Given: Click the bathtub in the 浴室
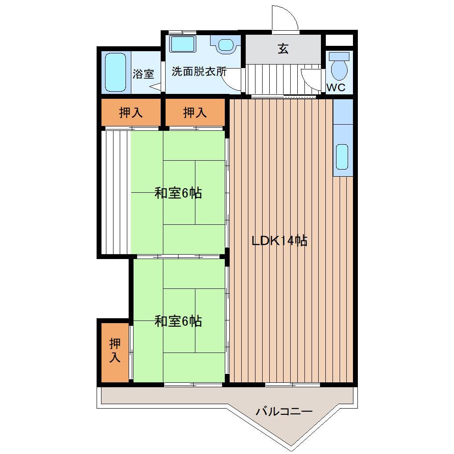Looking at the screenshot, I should (x=115, y=73).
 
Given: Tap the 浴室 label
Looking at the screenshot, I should (x=143, y=74).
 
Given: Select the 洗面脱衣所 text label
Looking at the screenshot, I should (x=199, y=71).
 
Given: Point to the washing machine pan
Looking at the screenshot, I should (x=182, y=44).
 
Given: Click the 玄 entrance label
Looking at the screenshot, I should (x=283, y=49).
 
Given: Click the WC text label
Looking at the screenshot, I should (x=336, y=88).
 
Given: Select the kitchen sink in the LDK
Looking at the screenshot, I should (x=342, y=157).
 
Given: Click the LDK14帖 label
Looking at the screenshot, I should (x=279, y=241).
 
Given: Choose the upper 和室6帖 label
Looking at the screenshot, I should (x=178, y=193).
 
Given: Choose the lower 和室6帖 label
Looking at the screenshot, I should (x=178, y=321).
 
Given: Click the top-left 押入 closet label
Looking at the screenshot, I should (x=131, y=113).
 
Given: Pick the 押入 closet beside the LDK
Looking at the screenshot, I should (x=195, y=113).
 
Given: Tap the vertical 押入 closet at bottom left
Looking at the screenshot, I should (x=115, y=350).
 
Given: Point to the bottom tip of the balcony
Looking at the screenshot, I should (x=292, y=444).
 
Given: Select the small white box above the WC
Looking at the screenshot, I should (x=339, y=40).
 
